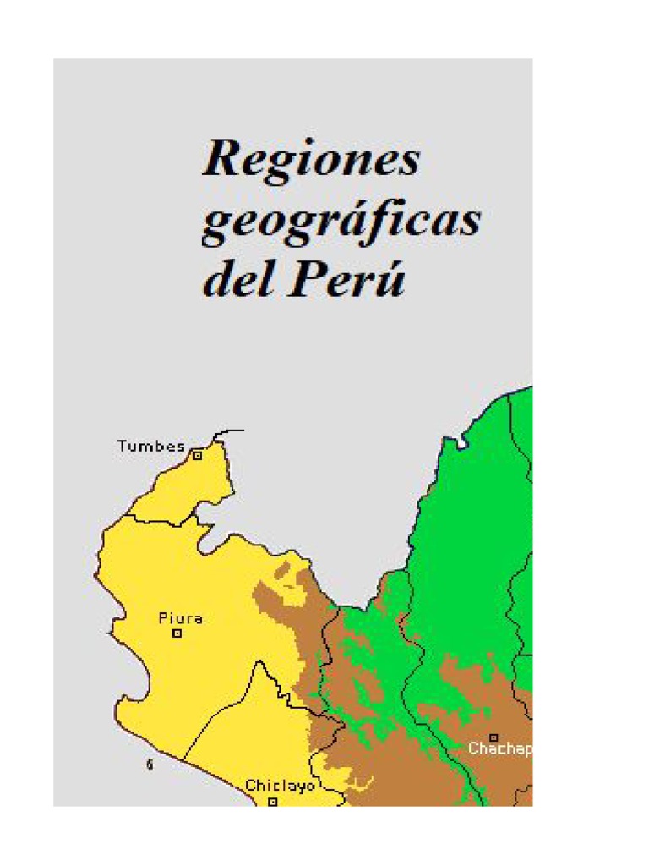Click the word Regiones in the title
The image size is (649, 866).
[311, 159]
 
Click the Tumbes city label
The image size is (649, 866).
[150, 446]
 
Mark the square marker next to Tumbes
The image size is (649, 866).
[198, 455]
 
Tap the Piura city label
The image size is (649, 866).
[180, 618]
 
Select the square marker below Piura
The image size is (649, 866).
[177, 633]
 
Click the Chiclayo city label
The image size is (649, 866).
[280, 786]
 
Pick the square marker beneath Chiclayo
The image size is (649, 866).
[272, 800]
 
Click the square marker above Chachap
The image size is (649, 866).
[494, 737]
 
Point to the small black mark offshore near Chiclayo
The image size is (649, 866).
[150, 765]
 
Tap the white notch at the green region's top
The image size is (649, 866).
[461, 442]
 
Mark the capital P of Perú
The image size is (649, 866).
[308, 280]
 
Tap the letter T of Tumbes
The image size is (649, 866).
[121, 446]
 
